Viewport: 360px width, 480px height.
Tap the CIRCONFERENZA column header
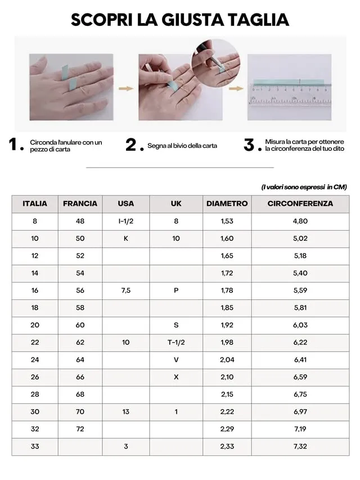300,204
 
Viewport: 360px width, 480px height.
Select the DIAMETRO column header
227,204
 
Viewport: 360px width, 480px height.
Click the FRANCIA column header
80,204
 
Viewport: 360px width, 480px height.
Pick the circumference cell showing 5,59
300,290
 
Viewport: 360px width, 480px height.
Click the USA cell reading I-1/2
126,221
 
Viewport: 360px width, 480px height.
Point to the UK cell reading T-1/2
176,342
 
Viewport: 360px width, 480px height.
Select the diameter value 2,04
227,360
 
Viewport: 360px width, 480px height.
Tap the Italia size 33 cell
35,446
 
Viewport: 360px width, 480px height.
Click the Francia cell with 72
80,429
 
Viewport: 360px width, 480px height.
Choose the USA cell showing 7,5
126,290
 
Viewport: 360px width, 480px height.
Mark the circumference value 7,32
300,446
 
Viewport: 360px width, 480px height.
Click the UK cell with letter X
176,377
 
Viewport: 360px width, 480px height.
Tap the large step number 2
131,145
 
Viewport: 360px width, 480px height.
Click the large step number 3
249,145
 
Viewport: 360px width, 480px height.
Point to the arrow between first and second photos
126,88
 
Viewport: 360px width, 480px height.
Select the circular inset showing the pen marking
215,63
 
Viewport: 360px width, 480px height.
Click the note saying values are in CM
304,187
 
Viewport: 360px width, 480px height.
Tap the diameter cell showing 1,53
227,221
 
